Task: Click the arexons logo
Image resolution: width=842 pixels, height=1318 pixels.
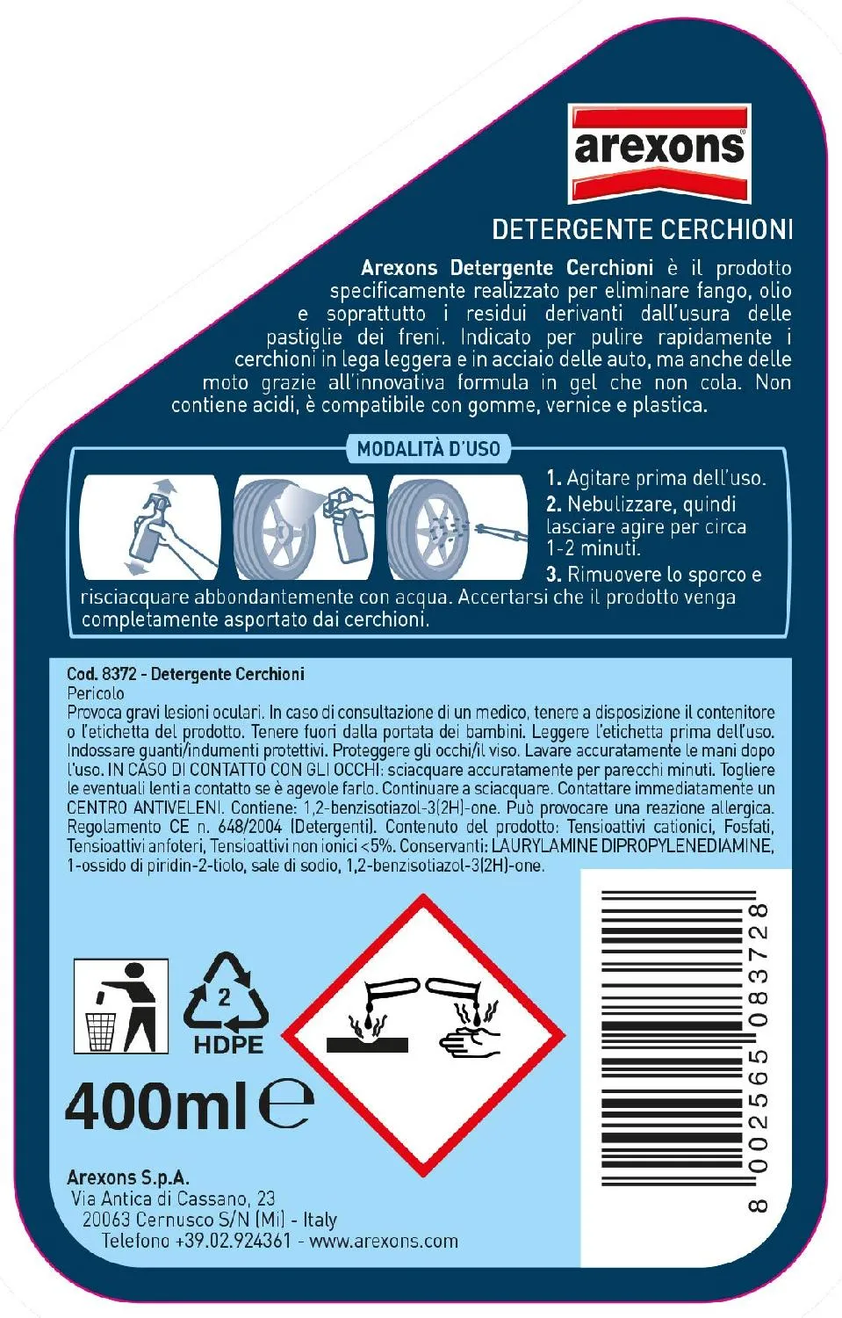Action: [659, 154]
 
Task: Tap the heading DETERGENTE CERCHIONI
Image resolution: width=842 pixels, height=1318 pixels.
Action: [642, 229]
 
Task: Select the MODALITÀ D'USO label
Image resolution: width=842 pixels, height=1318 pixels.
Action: [428, 449]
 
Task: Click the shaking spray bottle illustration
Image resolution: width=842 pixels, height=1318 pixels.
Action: [150, 527]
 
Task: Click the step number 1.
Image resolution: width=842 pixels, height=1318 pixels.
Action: [553, 478]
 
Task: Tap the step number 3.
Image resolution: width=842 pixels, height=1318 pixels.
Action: [553, 574]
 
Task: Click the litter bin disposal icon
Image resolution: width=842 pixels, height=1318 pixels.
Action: [121, 1006]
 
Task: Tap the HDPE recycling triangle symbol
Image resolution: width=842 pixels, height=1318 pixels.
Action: [227, 1003]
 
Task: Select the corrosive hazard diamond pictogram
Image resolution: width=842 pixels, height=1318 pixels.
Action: [423, 1035]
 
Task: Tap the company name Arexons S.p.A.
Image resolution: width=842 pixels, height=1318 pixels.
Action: [128, 1177]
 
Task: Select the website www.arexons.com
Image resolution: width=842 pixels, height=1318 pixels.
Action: [384, 1241]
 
